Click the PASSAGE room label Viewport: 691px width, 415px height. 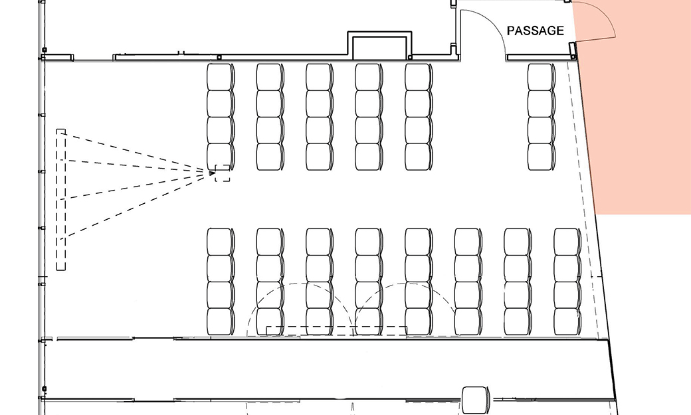pos(536,31)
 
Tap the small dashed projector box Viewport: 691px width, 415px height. pos(223,173)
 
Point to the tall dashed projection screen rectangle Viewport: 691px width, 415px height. pos(61,199)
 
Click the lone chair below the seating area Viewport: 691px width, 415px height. pos(475,400)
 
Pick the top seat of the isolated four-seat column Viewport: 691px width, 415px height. pos(542,77)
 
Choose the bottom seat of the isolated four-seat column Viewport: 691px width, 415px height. pos(542,157)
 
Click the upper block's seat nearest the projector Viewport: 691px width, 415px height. pos(221,157)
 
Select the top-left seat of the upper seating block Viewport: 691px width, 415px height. pos(221,77)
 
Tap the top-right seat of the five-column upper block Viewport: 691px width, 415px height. pos(419,77)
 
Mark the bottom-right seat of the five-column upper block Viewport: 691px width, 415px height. pos(419,157)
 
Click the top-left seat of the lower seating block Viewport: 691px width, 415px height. pos(221,242)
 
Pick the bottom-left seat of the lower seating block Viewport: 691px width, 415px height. pos(221,321)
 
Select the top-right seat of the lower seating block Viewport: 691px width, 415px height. pos(567,242)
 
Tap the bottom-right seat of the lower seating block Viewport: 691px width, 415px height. pos(567,321)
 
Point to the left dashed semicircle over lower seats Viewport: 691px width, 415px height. pos(300,284)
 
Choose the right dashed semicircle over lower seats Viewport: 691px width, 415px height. pos(405,284)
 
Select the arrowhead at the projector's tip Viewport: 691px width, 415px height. pos(212,173)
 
